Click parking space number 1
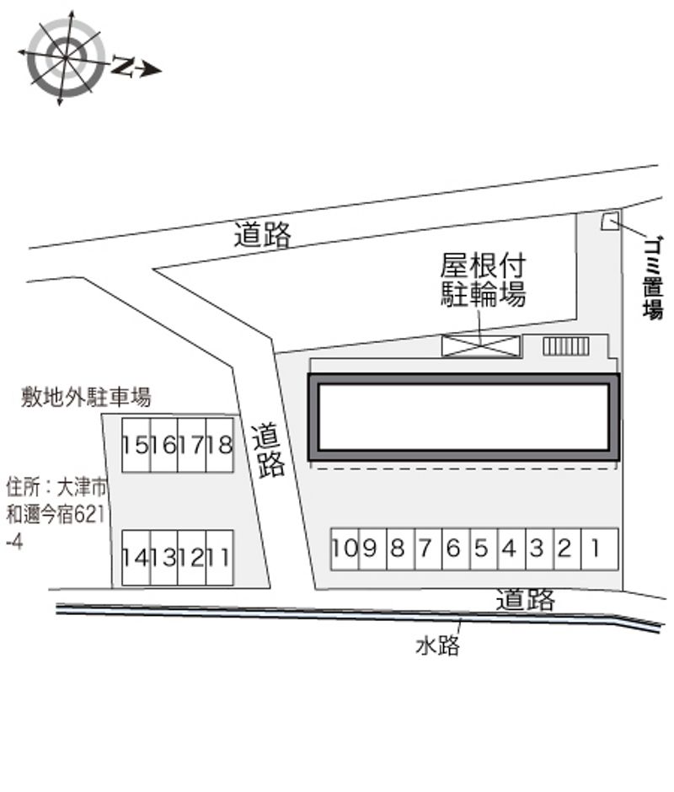coord(600,549)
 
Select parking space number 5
coord(484,549)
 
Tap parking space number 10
coord(345,549)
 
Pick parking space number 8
coord(400,549)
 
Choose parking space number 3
coord(539,549)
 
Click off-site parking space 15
coord(136,445)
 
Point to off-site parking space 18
coord(220,445)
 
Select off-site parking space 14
coord(136,558)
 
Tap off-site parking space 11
coord(220,558)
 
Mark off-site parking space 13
coord(163,558)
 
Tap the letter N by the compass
coord(122,66)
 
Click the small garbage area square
coord(610,222)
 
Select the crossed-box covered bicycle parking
coord(481,346)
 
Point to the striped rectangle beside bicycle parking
coord(566,346)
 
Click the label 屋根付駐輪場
coord(483,280)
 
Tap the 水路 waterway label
coord(437,645)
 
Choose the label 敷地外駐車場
coord(86,397)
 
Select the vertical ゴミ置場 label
coord(653,278)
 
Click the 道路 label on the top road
coord(263,235)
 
